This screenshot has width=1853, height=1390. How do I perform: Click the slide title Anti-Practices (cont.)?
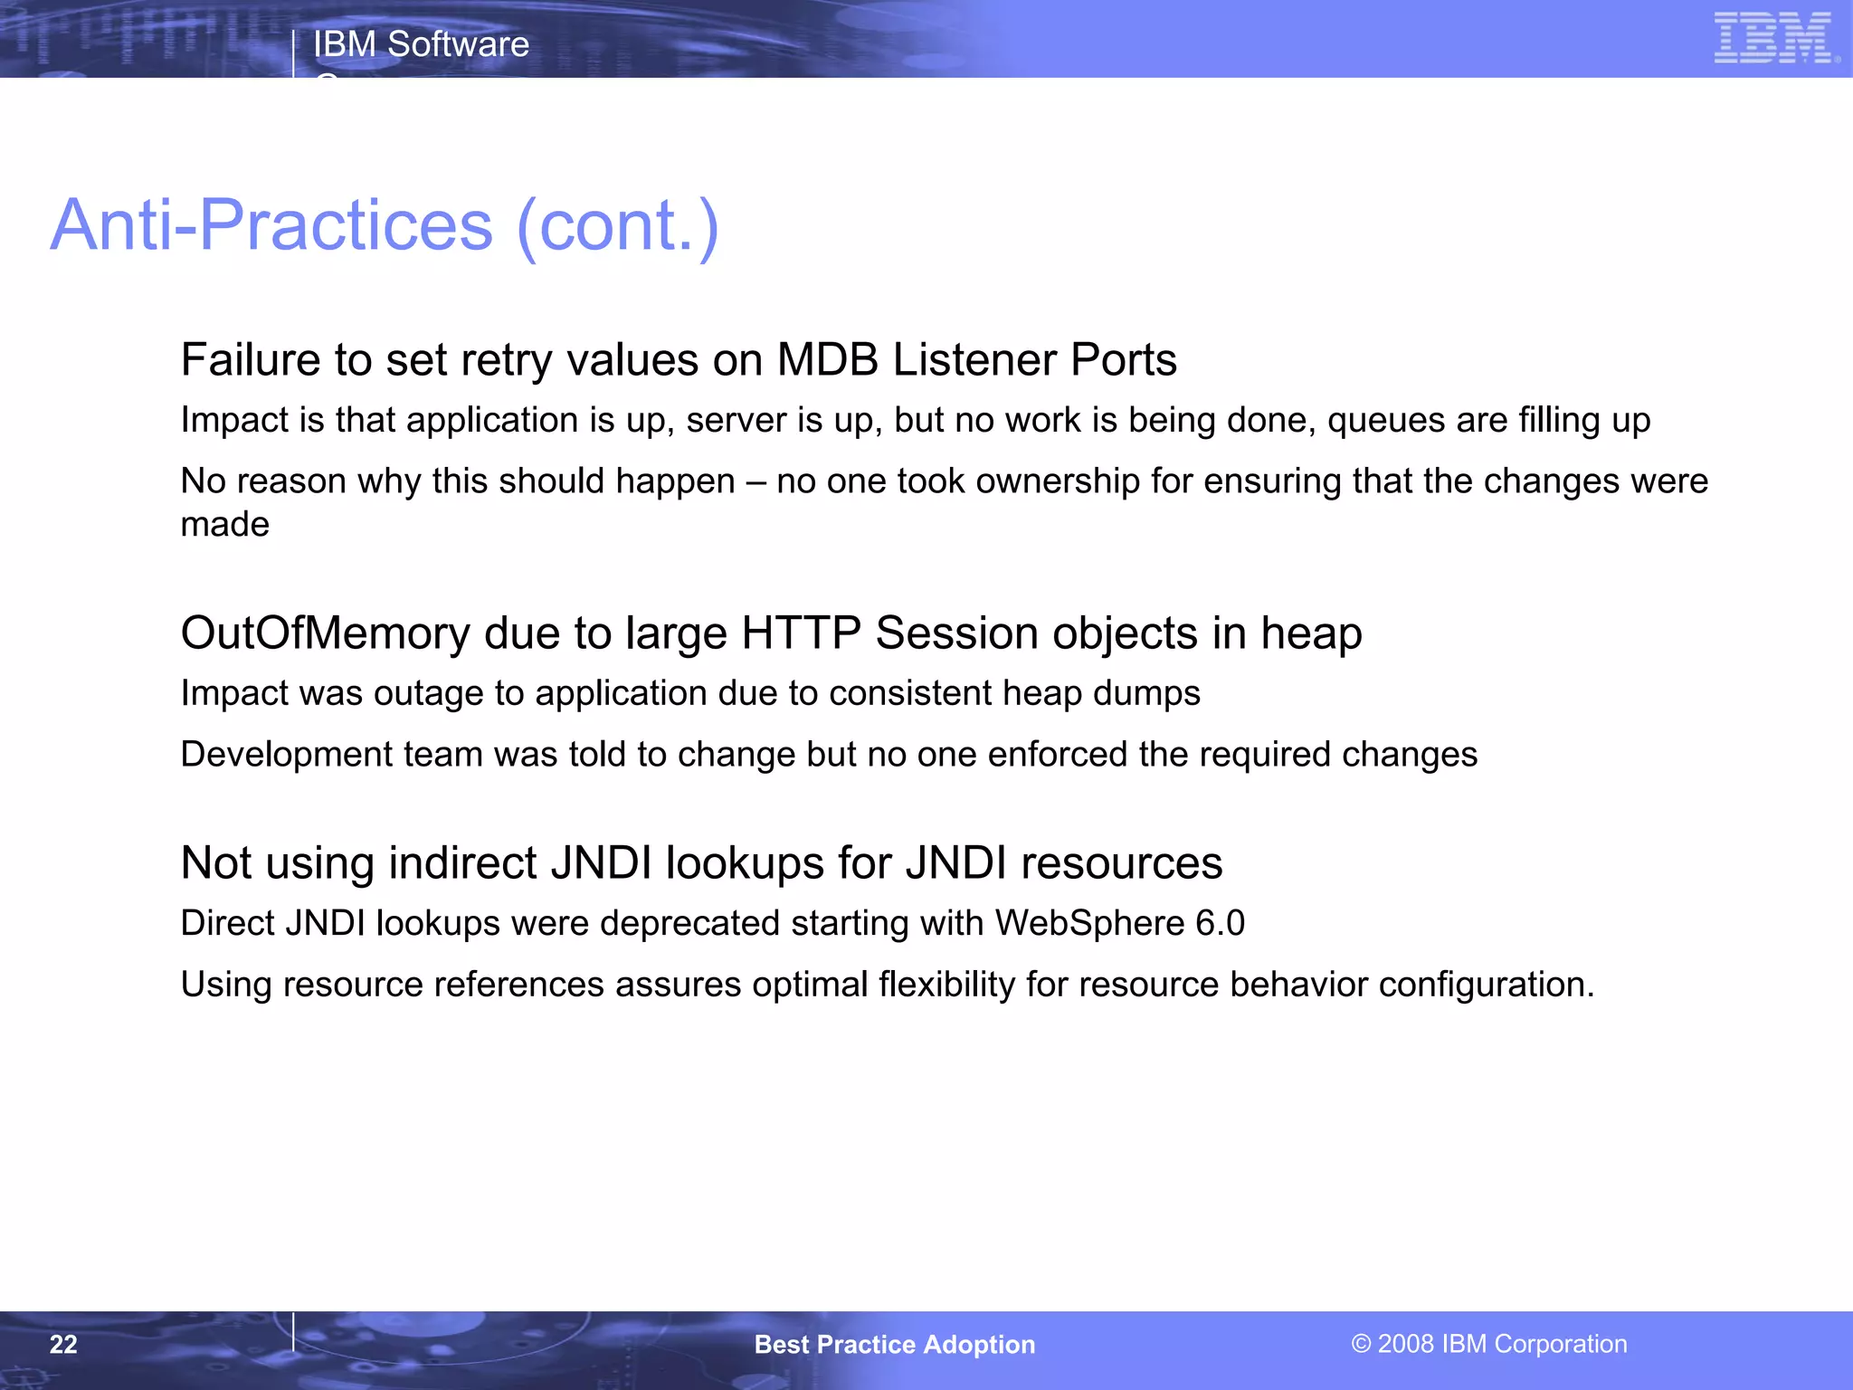pos(385,225)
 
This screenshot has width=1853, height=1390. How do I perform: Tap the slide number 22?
pos(63,1345)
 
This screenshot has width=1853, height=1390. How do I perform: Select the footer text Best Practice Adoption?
pos(894,1345)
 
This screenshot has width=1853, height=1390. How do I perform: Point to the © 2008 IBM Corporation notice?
pos(1489,1344)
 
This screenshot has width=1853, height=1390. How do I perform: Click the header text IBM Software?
pos(421,44)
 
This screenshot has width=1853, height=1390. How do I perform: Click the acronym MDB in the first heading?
pos(827,360)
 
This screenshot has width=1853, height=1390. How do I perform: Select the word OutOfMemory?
pos(325,633)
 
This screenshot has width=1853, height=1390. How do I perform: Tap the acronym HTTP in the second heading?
pos(800,633)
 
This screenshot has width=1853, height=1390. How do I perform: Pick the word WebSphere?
pos(1089,924)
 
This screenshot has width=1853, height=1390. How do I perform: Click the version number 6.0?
pos(1220,924)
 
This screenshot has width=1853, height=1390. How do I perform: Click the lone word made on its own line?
pos(224,525)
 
